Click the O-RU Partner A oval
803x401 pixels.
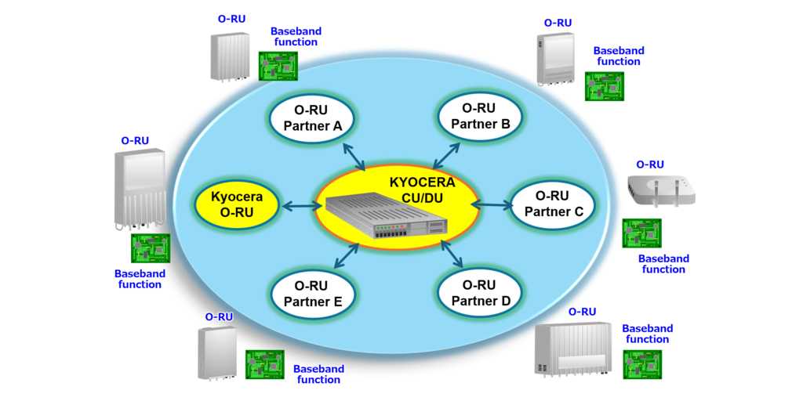[311, 118]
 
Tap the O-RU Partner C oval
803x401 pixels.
[553, 204]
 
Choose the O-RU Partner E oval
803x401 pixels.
[312, 294]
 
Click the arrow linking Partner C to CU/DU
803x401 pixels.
[491, 204]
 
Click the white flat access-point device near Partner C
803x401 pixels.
[661, 190]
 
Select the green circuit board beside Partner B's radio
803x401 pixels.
[603, 85]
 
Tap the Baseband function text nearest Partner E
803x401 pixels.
[318, 374]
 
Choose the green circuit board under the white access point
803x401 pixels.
[641, 233]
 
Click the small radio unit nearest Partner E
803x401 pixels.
[217, 352]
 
